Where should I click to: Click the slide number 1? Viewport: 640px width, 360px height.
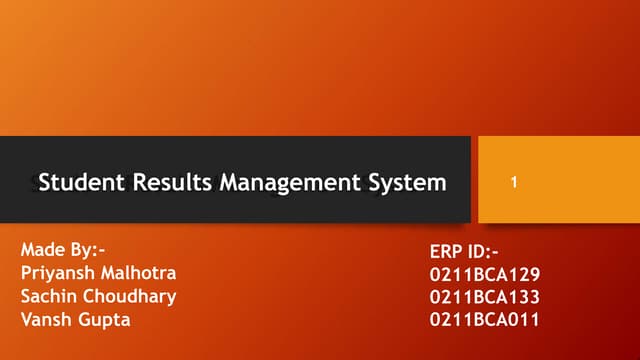tap(513, 183)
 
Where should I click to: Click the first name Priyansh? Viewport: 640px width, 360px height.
tap(56, 273)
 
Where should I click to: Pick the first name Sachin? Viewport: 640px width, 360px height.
tap(47, 296)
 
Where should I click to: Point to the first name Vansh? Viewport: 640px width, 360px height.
tap(45, 319)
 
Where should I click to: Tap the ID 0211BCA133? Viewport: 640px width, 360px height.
tap(484, 297)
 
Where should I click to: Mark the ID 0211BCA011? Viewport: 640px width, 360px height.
tap(484, 320)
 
